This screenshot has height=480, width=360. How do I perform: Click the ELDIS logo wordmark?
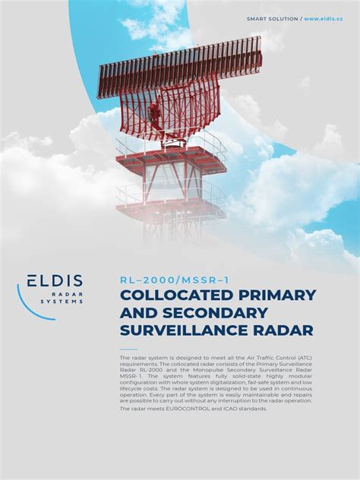pyautogui.click(x=55, y=282)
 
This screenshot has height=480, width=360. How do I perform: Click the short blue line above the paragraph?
pyautogui.click(x=128, y=350)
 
